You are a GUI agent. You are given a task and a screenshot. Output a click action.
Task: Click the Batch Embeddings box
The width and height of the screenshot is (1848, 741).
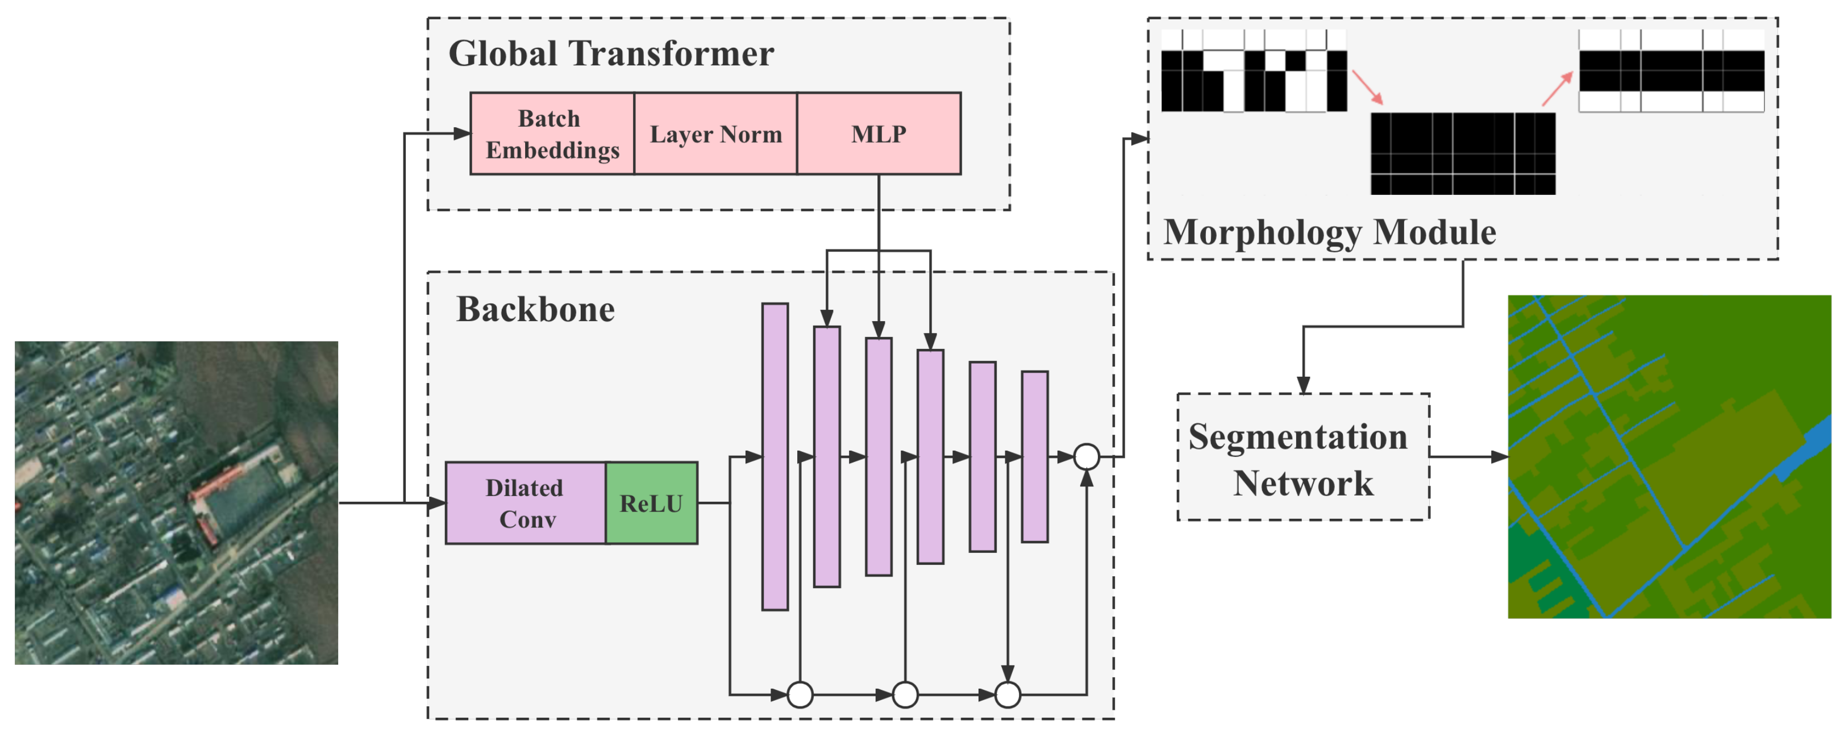pyautogui.click(x=552, y=134)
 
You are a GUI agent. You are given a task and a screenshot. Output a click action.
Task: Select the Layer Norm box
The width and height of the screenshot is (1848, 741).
pyautogui.click(x=715, y=134)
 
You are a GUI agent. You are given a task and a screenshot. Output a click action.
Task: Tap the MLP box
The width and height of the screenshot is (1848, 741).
pyautogui.click(x=879, y=134)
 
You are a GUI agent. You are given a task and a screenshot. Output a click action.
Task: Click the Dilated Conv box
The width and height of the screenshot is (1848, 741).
pyautogui.click(x=526, y=503)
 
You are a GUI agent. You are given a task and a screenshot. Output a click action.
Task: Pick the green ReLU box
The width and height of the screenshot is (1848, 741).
pyautogui.click(x=651, y=503)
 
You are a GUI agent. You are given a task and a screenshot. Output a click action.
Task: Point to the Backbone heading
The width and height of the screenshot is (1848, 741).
pyautogui.click(x=535, y=309)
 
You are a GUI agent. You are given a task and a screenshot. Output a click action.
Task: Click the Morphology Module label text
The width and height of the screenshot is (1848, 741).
pyautogui.click(x=1329, y=232)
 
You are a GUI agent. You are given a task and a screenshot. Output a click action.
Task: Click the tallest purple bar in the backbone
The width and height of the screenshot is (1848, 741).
pyautogui.click(x=775, y=456)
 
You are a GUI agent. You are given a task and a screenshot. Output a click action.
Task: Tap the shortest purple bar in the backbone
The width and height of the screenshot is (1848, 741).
pyautogui.click(x=1034, y=456)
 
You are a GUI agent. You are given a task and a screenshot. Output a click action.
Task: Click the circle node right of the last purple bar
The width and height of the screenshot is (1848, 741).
pyautogui.click(x=1087, y=456)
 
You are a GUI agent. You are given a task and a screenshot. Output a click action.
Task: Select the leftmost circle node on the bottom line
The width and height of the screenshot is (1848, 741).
pyautogui.click(x=800, y=694)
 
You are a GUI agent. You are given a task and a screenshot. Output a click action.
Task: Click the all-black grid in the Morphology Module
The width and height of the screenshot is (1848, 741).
pyautogui.click(x=1463, y=153)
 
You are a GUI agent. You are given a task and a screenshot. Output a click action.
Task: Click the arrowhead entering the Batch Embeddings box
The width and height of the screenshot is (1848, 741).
pyautogui.click(x=463, y=134)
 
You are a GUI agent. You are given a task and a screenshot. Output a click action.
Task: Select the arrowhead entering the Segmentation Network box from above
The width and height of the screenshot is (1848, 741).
pyautogui.click(x=1304, y=385)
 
